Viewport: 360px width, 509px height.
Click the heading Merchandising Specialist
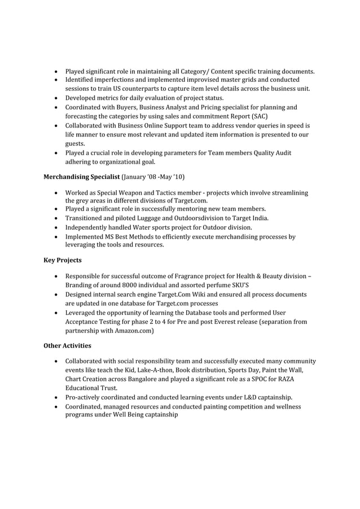pyautogui.click(x=82, y=177)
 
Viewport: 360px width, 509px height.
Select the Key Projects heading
pyautogui.click(x=63, y=260)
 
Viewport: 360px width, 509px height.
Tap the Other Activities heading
pyautogui.click(x=67, y=345)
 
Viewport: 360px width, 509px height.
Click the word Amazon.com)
pyautogui.click(x=134, y=331)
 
